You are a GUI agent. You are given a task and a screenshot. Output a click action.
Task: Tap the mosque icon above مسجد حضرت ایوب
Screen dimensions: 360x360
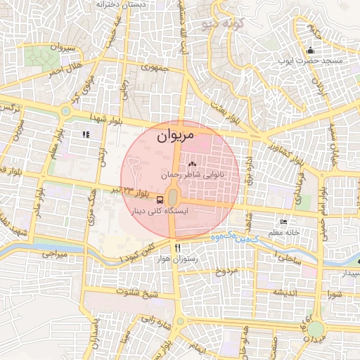click(310, 50)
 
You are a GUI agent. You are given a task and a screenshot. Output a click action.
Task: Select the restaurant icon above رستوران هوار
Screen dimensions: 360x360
click(177, 247)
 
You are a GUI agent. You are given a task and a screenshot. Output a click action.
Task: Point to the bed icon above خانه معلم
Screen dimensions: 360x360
click(284, 221)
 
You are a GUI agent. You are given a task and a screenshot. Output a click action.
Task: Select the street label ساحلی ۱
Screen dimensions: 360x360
click(286, 259)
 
